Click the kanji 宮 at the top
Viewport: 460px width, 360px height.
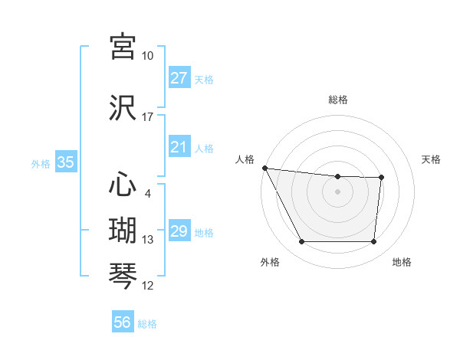click(123, 46)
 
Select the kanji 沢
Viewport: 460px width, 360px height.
click(123, 106)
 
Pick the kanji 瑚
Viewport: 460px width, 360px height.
click(123, 230)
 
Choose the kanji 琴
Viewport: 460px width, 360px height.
click(123, 276)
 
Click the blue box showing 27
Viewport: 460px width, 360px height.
click(179, 78)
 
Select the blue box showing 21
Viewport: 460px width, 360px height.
click(179, 147)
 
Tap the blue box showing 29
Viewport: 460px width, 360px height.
click(179, 231)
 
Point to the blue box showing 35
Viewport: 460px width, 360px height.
click(65, 162)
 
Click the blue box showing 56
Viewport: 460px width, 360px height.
click(123, 322)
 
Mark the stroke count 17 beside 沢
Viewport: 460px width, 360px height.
click(148, 117)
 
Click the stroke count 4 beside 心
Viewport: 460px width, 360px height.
click(148, 194)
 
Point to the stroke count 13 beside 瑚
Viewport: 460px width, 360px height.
click(148, 240)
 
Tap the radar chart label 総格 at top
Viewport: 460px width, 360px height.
click(338, 100)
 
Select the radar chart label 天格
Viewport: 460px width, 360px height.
click(432, 159)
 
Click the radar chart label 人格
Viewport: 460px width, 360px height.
click(245, 159)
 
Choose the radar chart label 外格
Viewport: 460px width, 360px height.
click(270, 263)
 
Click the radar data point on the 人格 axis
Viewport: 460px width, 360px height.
click(264, 168)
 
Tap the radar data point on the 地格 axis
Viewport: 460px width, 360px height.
click(373, 242)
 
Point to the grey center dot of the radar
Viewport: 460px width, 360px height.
click(338, 191)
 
